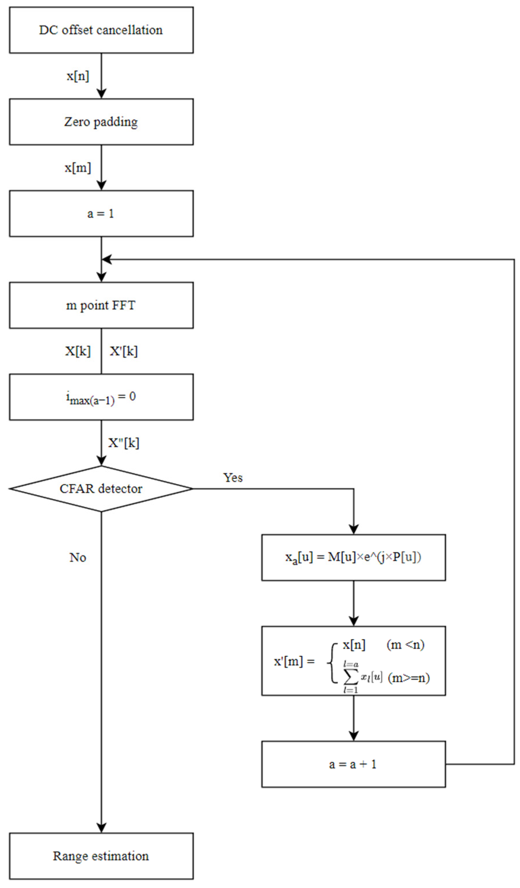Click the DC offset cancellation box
pyautogui.click(x=101, y=30)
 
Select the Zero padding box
pyautogui.click(x=101, y=122)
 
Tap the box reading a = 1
pyautogui.click(x=101, y=214)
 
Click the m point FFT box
pyautogui.click(x=101, y=305)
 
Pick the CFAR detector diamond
pyautogui.click(x=101, y=489)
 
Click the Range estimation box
pyautogui.click(x=101, y=856)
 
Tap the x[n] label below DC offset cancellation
pyautogui.click(x=78, y=76)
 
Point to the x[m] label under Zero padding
pyautogui.click(x=78, y=168)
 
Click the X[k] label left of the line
pyautogui.click(x=78, y=351)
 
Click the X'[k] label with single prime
pyautogui.click(x=124, y=351)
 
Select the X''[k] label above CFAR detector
pyautogui.click(x=124, y=443)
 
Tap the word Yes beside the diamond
pyautogui.click(x=233, y=478)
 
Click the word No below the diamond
pyautogui.click(x=78, y=558)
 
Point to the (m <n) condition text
pyautogui.click(x=405, y=645)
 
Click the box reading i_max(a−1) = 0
pyautogui.click(x=101, y=397)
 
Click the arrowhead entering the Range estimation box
pyautogui.click(x=101, y=828)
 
